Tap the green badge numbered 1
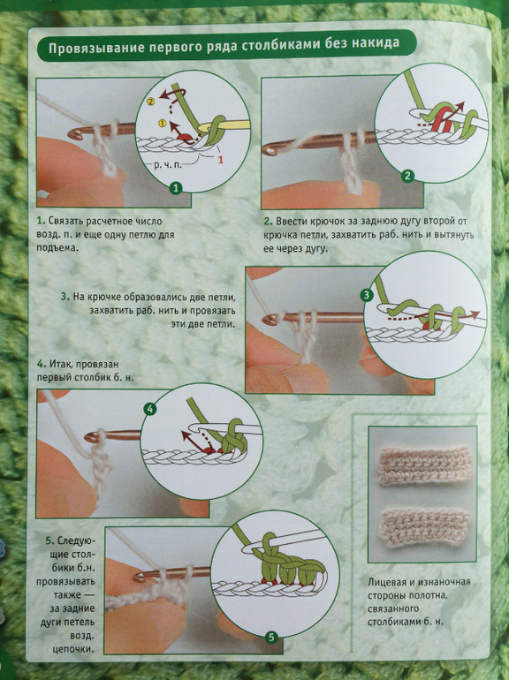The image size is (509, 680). pyautogui.click(x=175, y=188)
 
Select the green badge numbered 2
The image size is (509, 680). pyautogui.click(x=407, y=176)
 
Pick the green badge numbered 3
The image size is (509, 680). pyautogui.click(x=367, y=295)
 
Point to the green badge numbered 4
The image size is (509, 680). pyautogui.click(x=150, y=409)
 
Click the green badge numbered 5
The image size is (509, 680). pyautogui.click(x=271, y=637)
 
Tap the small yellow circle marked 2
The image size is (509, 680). pyautogui.click(x=150, y=102)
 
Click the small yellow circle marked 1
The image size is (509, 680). pyautogui.click(x=163, y=124)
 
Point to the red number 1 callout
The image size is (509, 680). pyautogui.click(x=220, y=160)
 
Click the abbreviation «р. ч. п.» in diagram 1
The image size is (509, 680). pyautogui.click(x=168, y=165)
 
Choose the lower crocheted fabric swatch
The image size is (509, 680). pyautogui.click(x=423, y=527)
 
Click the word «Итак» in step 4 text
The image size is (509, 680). pyautogui.click(x=58, y=364)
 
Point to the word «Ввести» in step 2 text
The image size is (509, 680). pyautogui.click(x=291, y=221)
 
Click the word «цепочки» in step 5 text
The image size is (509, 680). pyautogui.click(x=72, y=649)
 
